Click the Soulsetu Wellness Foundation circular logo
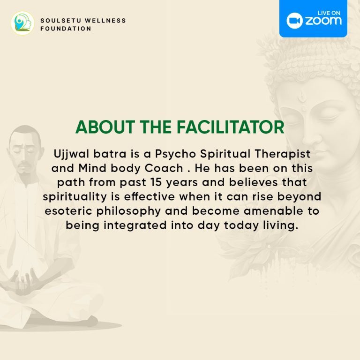[22, 23]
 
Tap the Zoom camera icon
[294, 21]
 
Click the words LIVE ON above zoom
[329, 13]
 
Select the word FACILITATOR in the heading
[231, 127]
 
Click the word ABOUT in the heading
[105, 127]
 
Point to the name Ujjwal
[71, 154]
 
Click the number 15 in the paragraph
[156, 182]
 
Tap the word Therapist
[283, 154]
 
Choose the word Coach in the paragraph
[164, 168]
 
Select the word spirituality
[75, 197]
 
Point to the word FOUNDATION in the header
[66, 29]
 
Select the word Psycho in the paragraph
[175, 154]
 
